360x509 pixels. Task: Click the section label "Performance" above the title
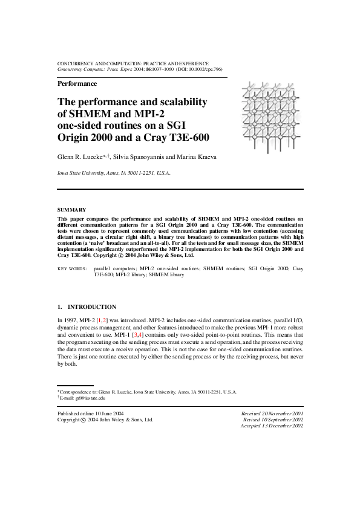tap(77, 84)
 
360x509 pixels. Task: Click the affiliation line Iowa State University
tap(114, 173)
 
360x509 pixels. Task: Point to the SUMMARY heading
tap(71, 210)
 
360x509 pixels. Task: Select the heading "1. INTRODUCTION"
tap(87, 307)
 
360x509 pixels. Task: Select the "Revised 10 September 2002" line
tap(273, 420)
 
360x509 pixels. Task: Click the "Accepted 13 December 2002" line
tap(272, 426)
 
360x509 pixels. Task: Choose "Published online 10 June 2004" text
tap(90, 413)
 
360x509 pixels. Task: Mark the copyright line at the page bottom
tap(105, 420)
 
